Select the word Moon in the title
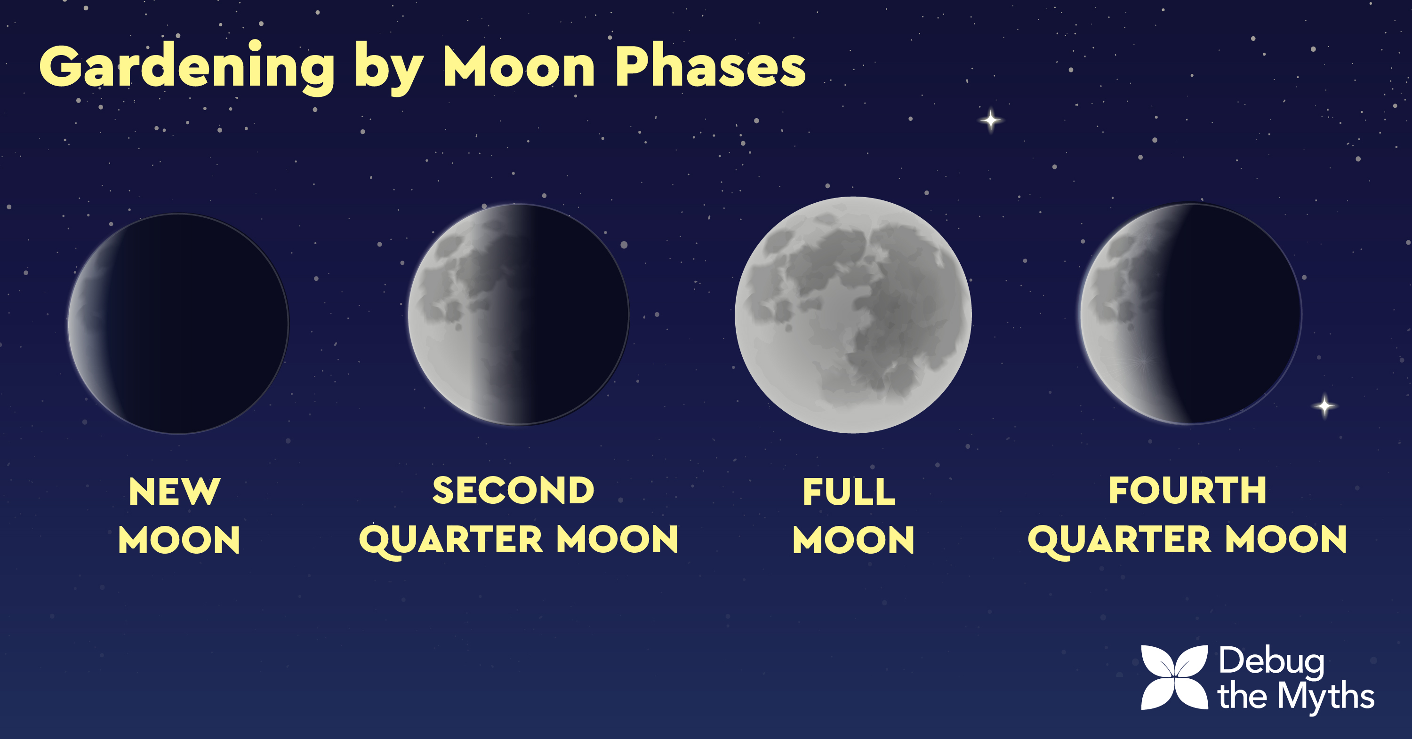(519, 66)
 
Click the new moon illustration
(178, 323)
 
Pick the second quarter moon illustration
(519, 314)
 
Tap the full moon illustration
(853, 315)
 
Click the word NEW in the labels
(174, 492)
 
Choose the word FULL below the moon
(849, 492)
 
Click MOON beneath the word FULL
(853, 540)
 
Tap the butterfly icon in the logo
(1175, 677)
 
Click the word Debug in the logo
(1272, 662)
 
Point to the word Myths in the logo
(1326, 696)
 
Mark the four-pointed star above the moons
(990, 120)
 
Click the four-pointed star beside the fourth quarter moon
(1325, 406)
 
